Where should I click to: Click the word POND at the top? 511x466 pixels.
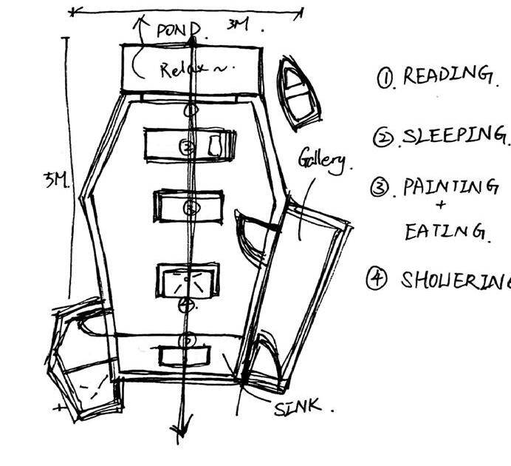[178, 31]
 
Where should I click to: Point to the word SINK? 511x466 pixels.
[297, 406]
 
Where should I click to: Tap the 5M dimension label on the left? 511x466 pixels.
[55, 180]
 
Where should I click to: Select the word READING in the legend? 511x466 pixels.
[446, 75]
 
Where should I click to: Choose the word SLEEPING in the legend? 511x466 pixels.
[453, 136]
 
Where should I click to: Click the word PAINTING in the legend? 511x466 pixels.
[450, 187]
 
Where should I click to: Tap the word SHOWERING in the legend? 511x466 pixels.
[455, 280]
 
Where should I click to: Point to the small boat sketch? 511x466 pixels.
[299, 92]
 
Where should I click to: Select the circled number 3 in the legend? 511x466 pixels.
[380, 188]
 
